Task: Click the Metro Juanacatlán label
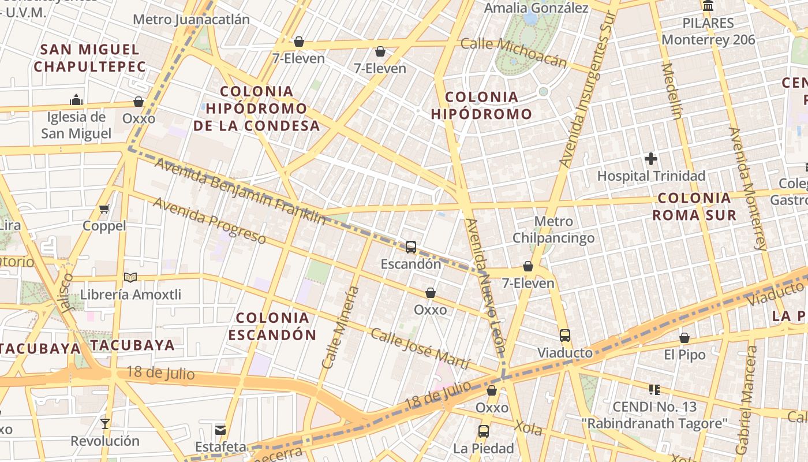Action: click(191, 20)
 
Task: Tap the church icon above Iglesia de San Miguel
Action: click(76, 100)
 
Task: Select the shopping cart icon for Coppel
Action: click(104, 208)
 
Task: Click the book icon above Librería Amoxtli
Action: click(130, 278)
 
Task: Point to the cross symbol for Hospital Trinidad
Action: click(651, 159)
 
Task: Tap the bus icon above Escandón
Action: click(410, 247)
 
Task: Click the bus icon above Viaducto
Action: click(564, 336)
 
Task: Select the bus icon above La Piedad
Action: click(483, 431)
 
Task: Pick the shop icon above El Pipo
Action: click(684, 338)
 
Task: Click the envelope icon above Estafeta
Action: click(220, 430)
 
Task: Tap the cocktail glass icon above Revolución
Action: click(104, 424)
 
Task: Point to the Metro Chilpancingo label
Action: click(553, 229)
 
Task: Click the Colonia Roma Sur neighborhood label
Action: click(694, 207)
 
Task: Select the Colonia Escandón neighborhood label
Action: click(272, 326)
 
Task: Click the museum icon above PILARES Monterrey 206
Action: click(708, 6)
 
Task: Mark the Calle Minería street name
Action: click(341, 327)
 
